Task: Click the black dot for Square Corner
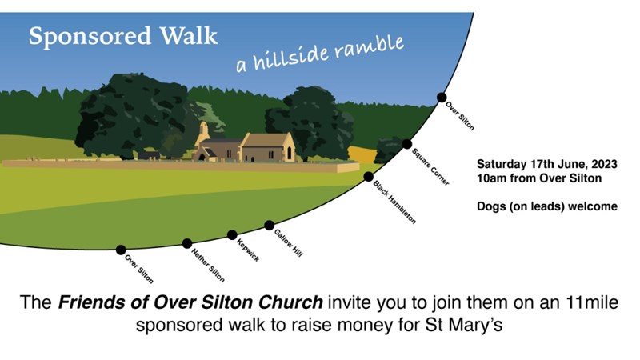click(x=406, y=144)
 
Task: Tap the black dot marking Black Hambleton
click(x=368, y=176)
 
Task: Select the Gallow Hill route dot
click(x=269, y=226)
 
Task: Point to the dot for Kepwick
click(x=232, y=234)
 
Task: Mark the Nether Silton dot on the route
click(x=187, y=244)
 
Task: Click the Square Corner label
click(x=430, y=167)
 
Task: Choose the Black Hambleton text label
click(x=394, y=202)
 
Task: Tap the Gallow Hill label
click(x=288, y=243)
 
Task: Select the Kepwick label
click(x=248, y=250)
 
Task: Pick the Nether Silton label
click(x=208, y=266)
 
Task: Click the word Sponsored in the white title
click(x=90, y=36)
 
